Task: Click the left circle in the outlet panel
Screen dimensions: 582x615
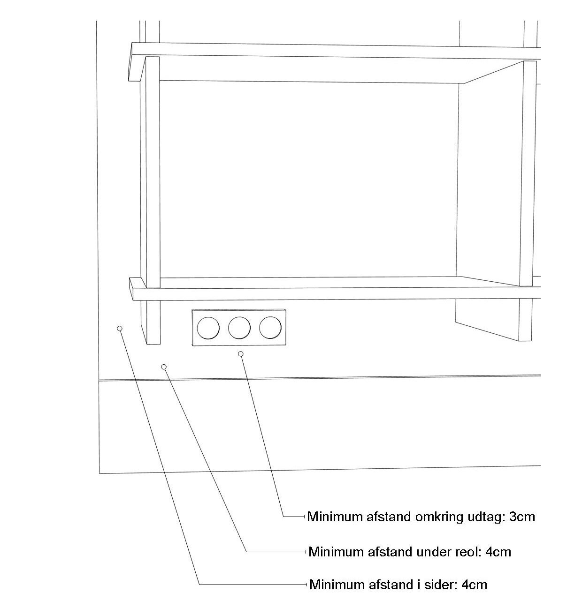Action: pyautogui.click(x=208, y=328)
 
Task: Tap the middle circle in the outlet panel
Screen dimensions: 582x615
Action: pyautogui.click(x=239, y=328)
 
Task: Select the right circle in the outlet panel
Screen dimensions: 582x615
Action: pyautogui.click(x=270, y=327)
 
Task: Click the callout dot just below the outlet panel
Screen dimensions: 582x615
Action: pyautogui.click(x=241, y=354)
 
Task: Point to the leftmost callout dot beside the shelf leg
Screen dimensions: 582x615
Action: pyautogui.click(x=119, y=329)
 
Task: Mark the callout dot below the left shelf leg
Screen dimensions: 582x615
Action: pyautogui.click(x=163, y=367)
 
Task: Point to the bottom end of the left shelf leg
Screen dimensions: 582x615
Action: pyautogui.click(x=153, y=344)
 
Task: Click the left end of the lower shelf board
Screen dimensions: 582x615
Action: pyautogui.click(x=131, y=289)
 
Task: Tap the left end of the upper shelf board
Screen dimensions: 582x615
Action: pyautogui.click(x=130, y=61)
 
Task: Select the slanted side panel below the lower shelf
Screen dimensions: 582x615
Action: pyautogui.click(x=487, y=320)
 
